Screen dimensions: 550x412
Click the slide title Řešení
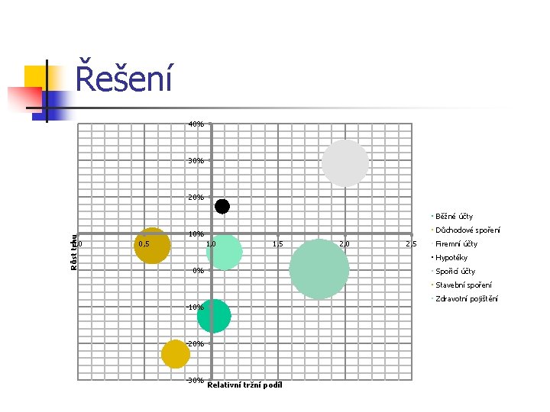pyautogui.click(x=124, y=79)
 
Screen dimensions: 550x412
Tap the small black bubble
pyautogui.click(x=222, y=206)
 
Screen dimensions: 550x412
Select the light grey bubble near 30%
pyautogui.click(x=345, y=163)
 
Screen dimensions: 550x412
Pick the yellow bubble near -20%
pyautogui.click(x=176, y=353)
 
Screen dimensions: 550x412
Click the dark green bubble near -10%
pyautogui.click(x=214, y=316)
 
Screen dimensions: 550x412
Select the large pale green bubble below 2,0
pyautogui.click(x=319, y=269)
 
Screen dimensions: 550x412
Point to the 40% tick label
pyautogui.click(x=196, y=124)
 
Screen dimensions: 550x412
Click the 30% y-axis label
pyautogui.click(x=196, y=161)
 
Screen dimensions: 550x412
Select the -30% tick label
pyautogui.click(x=195, y=380)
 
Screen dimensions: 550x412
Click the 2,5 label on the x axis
pyautogui.click(x=411, y=244)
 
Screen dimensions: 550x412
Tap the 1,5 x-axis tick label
pyautogui.click(x=279, y=244)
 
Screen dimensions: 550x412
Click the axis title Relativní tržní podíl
pyautogui.click(x=244, y=385)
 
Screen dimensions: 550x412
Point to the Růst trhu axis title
pyautogui.click(x=74, y=252)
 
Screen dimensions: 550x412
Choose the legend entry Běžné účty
pyautogui.click(x=454, y=217)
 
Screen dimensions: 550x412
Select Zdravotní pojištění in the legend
pyautogui.click(x=466, y=299)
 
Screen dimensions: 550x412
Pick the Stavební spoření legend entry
pyautogui.click(x=463, y=285)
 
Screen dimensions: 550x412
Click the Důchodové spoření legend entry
pyautogui.click(x=467, y=230)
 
